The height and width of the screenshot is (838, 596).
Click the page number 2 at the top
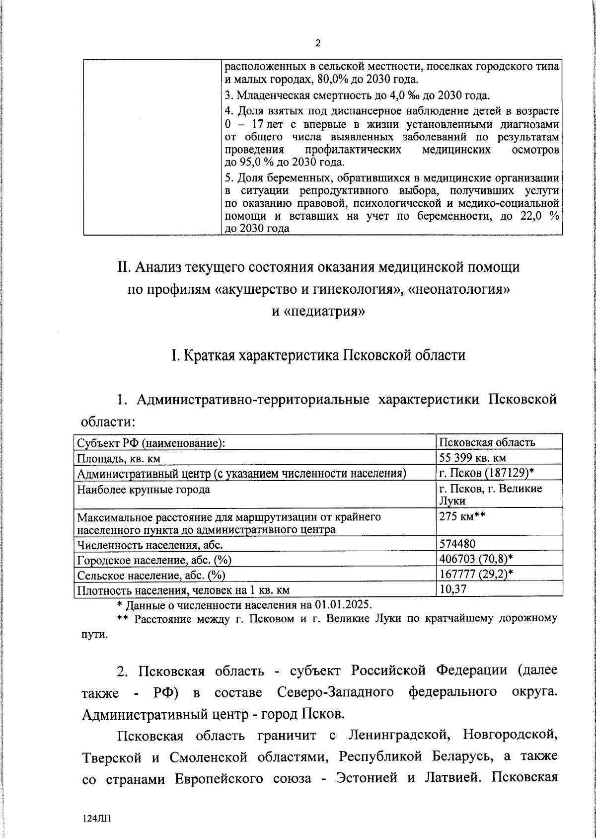tap(318, 43)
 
